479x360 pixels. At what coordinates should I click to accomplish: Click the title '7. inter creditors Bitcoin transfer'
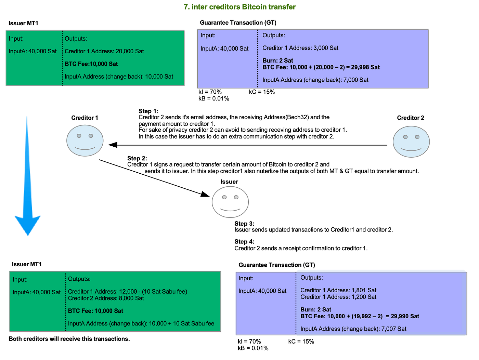coord(239,7)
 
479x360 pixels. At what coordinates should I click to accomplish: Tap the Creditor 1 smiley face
coord(85,141)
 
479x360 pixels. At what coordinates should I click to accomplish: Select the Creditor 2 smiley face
coord(411,142)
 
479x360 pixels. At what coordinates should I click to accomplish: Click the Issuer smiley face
coord(230,202)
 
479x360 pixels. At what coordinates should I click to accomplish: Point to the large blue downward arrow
coord(27,176)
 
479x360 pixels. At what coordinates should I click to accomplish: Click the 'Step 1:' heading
coord(148,111)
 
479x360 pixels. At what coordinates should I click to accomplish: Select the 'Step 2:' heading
coord(137,158)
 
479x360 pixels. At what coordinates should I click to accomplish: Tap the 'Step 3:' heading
coord(244,224)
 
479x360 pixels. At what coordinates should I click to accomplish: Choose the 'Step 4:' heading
coord(244,242)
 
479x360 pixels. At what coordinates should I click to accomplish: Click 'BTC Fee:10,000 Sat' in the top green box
coord(91,64)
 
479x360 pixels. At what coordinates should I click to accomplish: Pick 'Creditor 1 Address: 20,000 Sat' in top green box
coord(104,51)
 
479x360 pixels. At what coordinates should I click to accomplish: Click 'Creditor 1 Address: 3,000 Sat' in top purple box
coord(300,48)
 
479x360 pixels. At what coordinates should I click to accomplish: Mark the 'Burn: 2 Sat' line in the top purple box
coord(277,61)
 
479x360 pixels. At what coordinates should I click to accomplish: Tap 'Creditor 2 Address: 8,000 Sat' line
coord(106,298)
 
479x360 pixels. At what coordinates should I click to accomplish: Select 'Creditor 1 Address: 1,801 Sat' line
coord(338,290)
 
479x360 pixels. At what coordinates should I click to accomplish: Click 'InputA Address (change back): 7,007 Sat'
coord(353,329)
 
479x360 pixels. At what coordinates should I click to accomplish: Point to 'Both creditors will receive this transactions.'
coord(69,339)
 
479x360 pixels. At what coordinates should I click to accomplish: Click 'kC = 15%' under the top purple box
coord(262,92)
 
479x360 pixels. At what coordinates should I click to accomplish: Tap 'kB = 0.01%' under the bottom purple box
coord(253,348)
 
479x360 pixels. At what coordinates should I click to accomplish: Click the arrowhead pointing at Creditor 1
coord(113,145)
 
